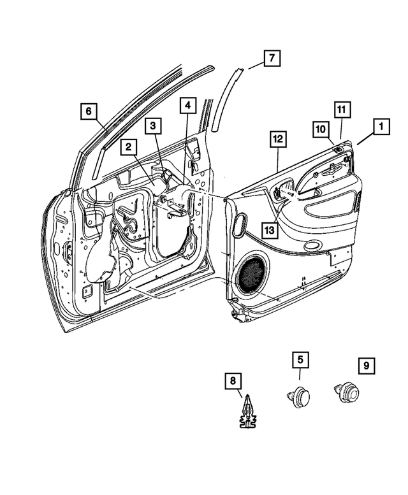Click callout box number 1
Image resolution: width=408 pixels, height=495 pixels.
(x=381, y=127)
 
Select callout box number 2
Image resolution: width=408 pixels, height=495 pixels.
(x=128, y=147)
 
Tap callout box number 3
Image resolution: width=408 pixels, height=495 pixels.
(x=152, y=126)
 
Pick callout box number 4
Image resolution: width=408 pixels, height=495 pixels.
(x=187, y=105)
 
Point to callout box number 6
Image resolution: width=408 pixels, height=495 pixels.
(x=89, y=111)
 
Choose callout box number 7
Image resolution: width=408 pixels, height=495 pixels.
(x=271, y=59)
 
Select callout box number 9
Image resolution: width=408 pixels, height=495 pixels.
(x=366, y=366)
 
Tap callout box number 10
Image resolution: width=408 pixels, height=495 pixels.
(x=321, y=129)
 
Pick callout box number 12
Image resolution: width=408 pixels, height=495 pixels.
(x=278, y=138)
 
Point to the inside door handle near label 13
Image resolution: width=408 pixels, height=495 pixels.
(x=281, y=190)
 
